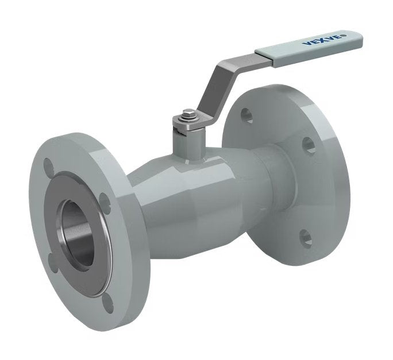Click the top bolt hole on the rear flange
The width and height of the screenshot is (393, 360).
point(246,115)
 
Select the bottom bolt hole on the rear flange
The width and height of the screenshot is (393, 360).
point(306,237)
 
